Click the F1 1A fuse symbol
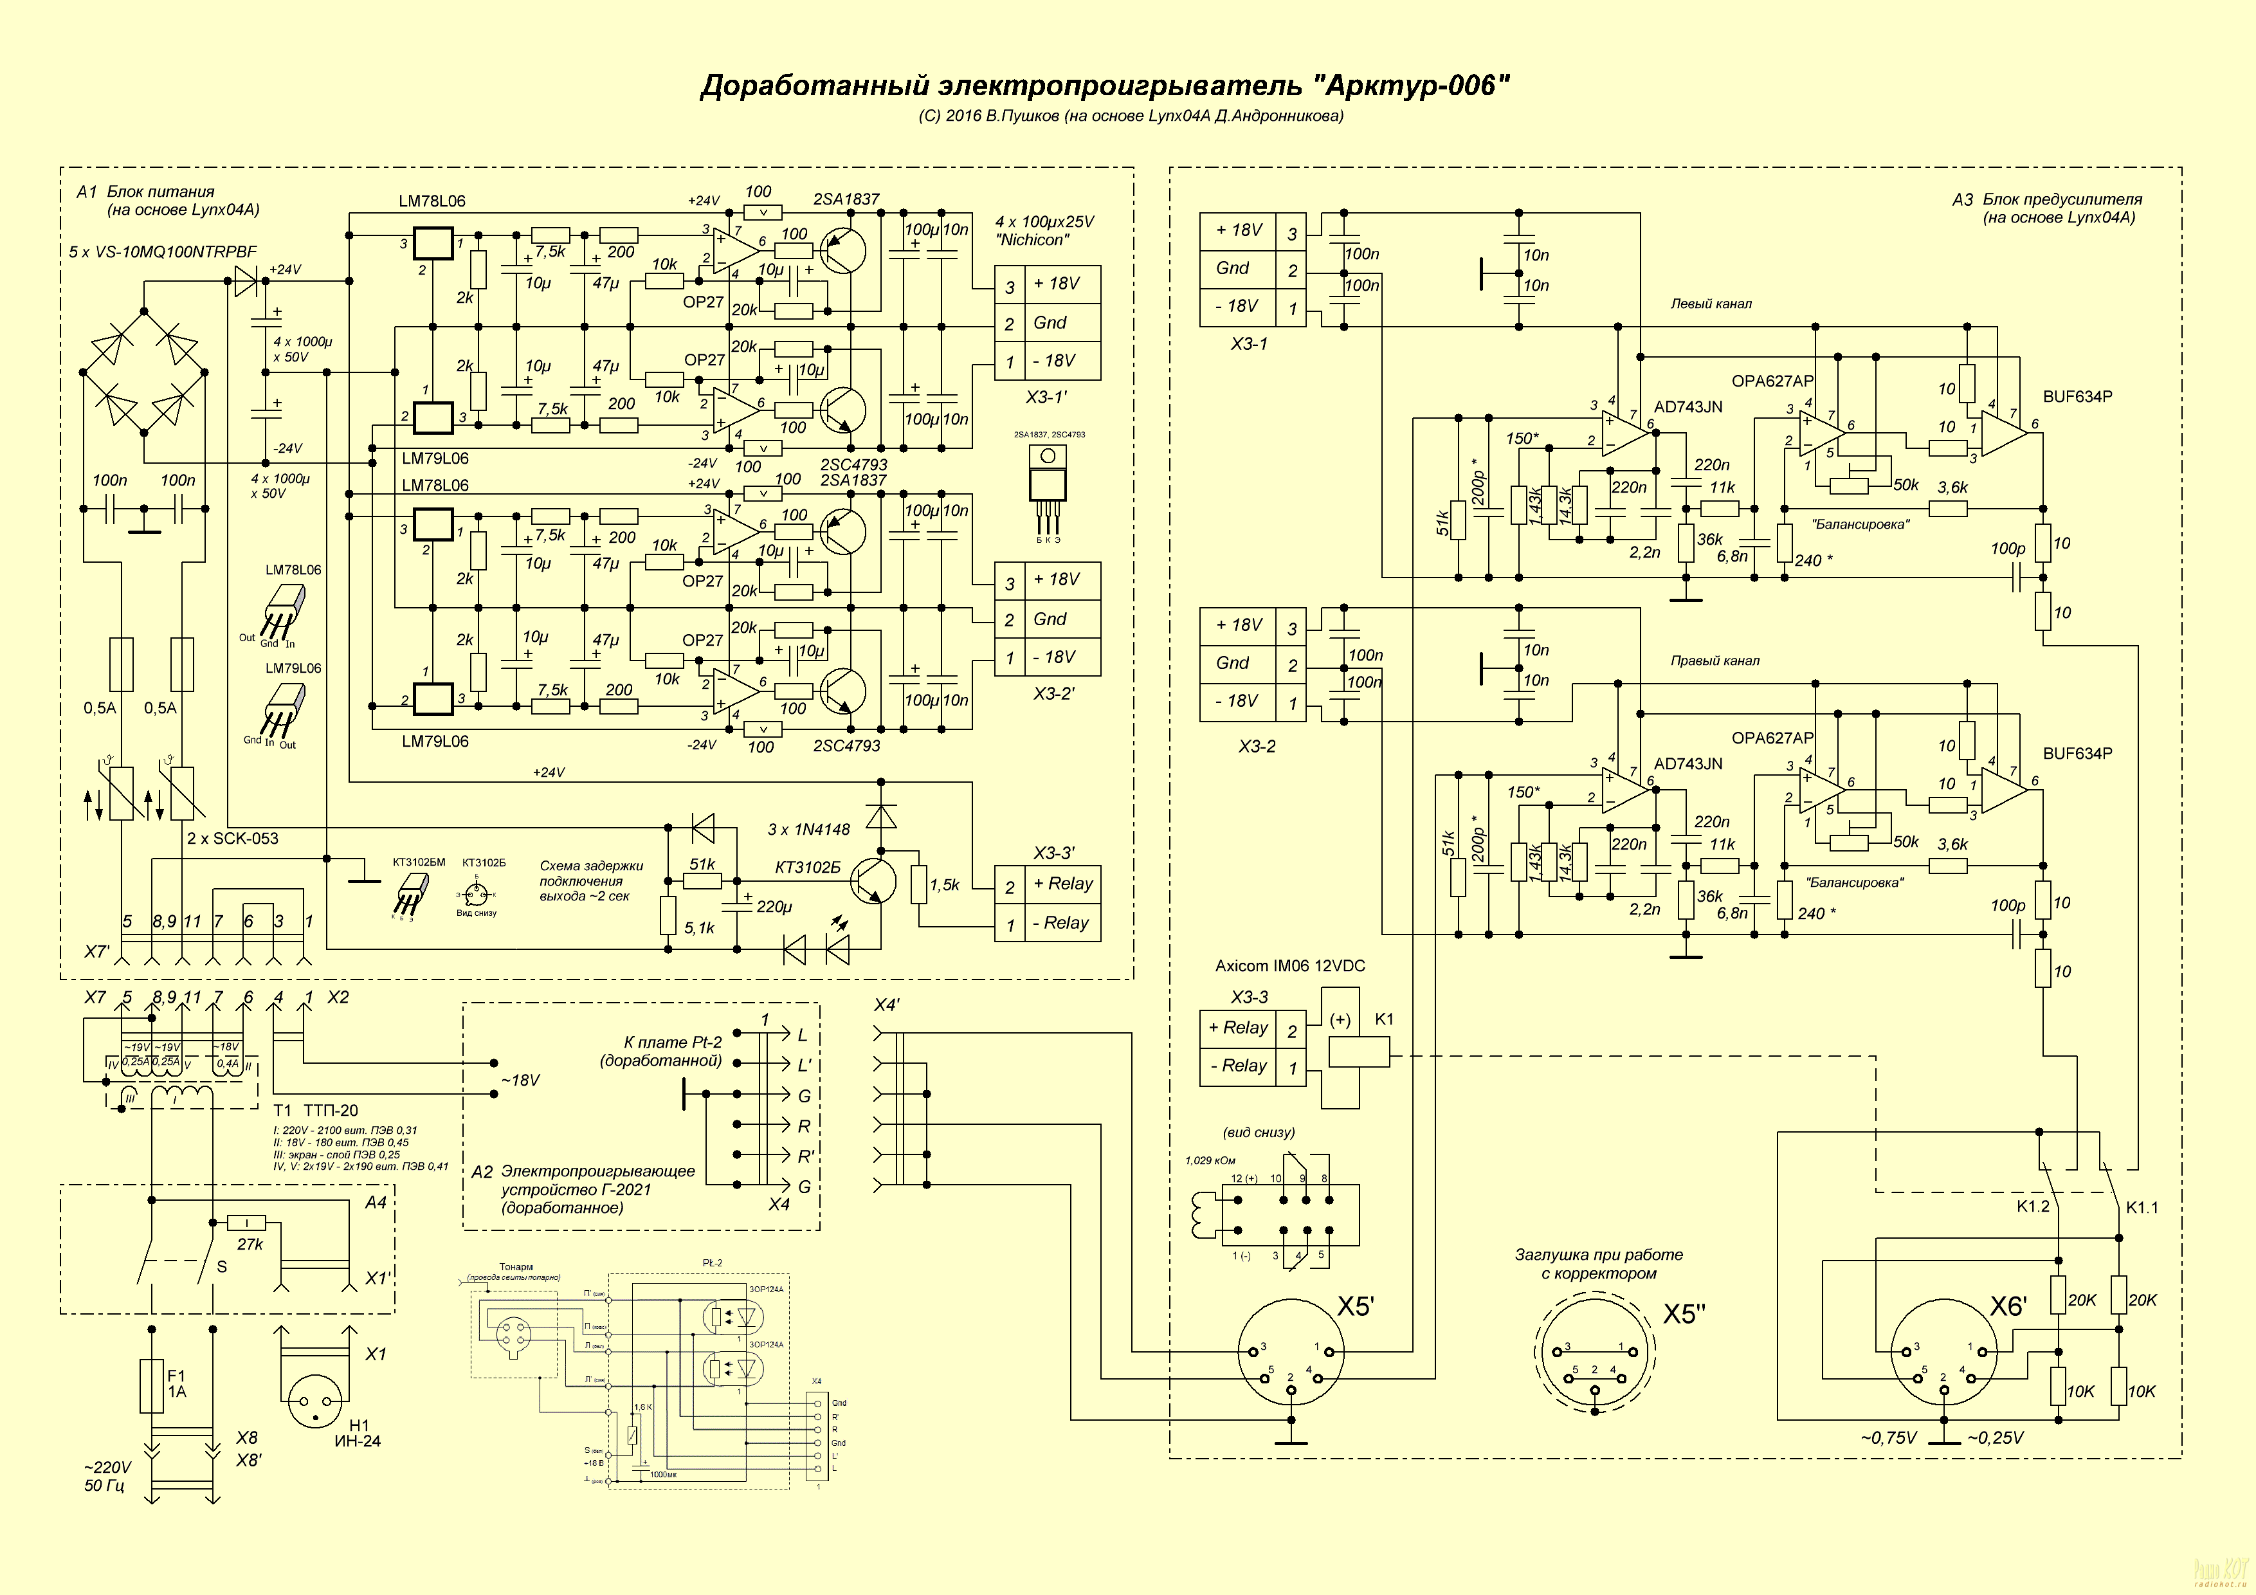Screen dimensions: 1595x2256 click(x=151, y=1386)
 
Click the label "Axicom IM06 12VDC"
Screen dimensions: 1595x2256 click(x=1289, y=966)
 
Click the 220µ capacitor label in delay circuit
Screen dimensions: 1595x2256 click(x=773, y=907)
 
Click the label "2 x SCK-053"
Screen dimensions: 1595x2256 click(x=233, y=838)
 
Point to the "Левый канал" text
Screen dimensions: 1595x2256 click(x=1711, y=304)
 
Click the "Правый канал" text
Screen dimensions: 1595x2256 click(x=1715, y=661)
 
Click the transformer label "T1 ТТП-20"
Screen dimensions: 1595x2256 click(x=315, y=1111)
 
